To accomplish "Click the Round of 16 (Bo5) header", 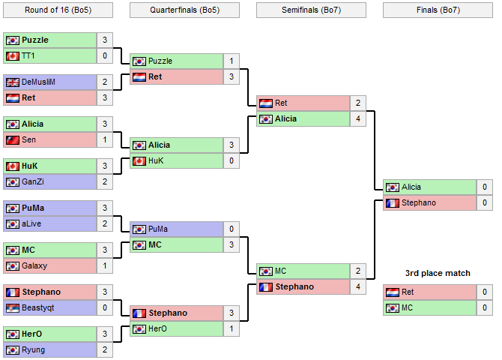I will click(x=58, y=10).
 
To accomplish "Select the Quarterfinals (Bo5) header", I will click(x=184, y=10).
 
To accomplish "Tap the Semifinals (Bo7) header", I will click(x=311, y=10).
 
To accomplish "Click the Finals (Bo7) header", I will click(x=438, y=10).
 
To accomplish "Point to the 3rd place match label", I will click(x=438, y=273).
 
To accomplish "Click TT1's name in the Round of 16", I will click(x=28, y=56).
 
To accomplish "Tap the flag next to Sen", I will click(x=12, y=140).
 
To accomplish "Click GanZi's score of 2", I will click(x=105, y=182).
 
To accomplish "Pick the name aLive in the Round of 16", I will click(x=31, y=224).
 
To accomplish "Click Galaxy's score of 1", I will click(x=105, y=266).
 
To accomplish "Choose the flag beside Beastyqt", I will click(x=12, y=308).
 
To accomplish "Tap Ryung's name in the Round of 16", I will click(x=32, y=350).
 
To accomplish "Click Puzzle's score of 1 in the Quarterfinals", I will click(x=232, y=61).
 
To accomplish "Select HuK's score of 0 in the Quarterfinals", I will click(x=232, y=161).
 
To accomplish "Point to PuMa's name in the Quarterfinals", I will click(x=158, y=229).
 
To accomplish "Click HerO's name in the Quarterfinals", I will click(x=158, y=329).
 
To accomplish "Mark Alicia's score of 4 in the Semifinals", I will click(x=358, y=119).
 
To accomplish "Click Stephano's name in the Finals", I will click(x=419, y=203).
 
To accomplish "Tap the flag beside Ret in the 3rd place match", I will click(x=393, y=292).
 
